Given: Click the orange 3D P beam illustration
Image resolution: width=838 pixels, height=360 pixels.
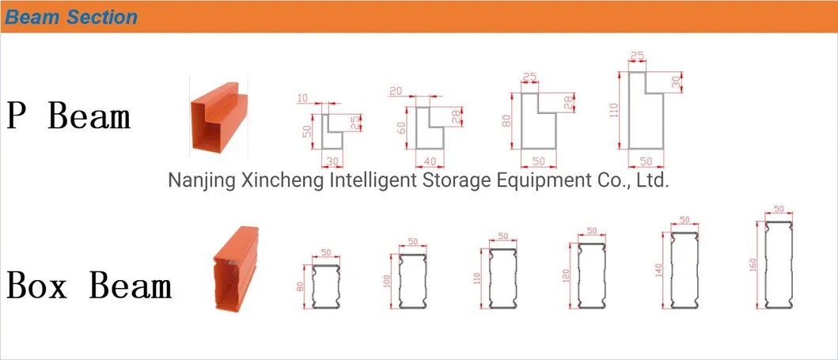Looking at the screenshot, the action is click(218, 119).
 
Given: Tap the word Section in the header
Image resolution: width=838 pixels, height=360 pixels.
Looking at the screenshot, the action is click(102, 17).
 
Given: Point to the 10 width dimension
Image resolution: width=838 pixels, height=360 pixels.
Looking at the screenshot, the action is click(302, 98).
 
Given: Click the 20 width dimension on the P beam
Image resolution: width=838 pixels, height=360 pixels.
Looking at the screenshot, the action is click(396, 91).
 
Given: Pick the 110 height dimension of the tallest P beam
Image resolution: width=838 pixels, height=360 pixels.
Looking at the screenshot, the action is click(613, 110).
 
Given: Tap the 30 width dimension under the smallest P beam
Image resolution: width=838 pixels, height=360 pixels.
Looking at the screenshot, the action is click(332, 161).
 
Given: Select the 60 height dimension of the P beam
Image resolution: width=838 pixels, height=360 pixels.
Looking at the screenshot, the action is click(401, 128).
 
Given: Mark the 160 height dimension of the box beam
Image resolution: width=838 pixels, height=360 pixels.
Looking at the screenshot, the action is click(753, 265).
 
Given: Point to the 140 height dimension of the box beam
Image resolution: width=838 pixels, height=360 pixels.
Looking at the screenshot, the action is click(658, 271).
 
